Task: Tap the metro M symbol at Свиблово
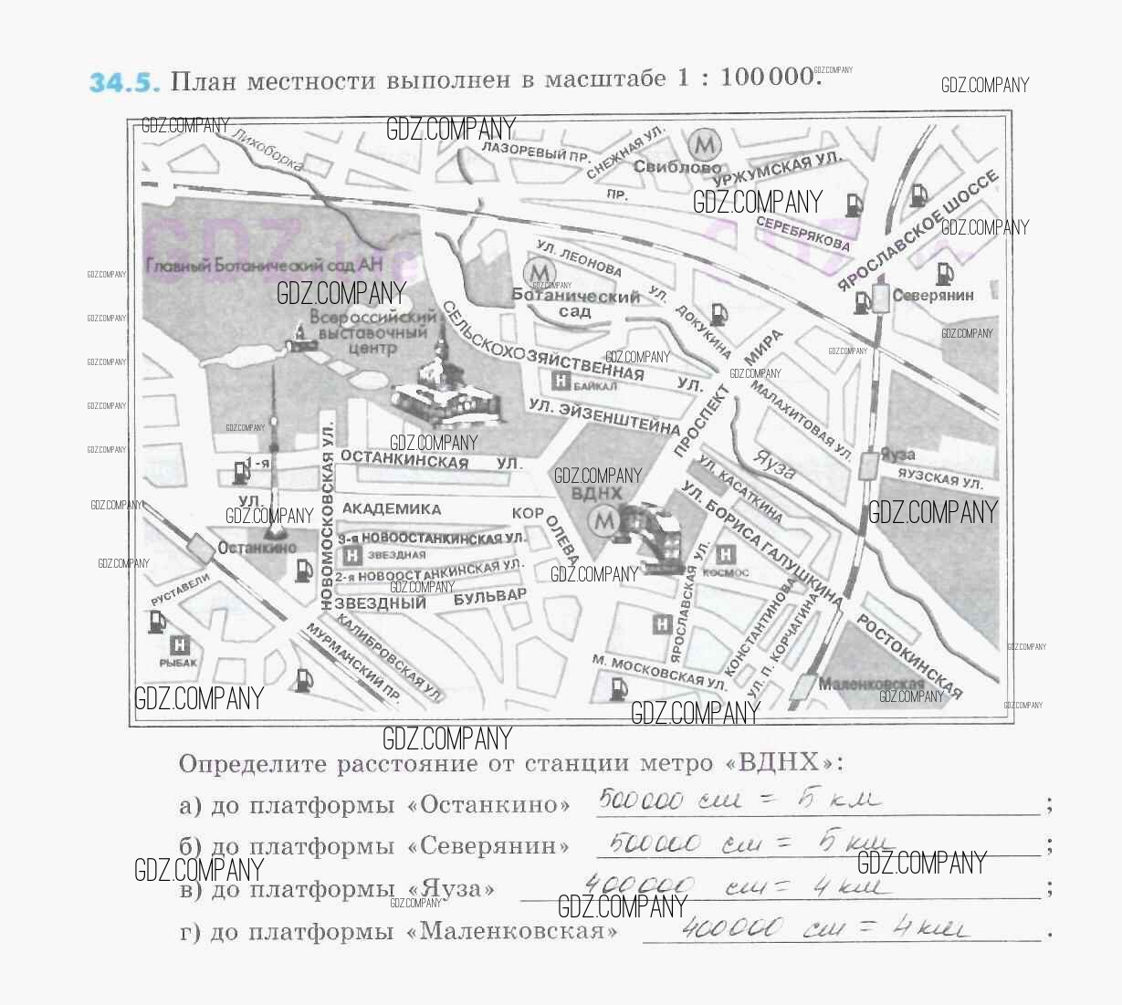704,144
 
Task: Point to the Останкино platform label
258,548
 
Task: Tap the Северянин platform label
933,296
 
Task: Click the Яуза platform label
899,455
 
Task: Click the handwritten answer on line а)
739,801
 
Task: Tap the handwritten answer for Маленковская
822,929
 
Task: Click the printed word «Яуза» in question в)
458,889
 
